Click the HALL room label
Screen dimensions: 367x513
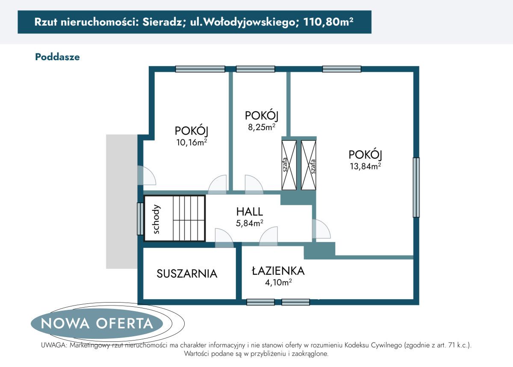(x=250, y=211)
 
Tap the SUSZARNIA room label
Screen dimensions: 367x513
(x=187, y=274)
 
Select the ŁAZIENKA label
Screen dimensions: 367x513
(x=278, y=271)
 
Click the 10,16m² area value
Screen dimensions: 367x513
(x=192, y=143)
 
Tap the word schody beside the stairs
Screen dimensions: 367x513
(x=156, y=219)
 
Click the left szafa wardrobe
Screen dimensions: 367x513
(x=289, y=165)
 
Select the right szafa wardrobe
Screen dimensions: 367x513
(x=309, y=165)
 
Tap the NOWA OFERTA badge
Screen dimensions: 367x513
(x=97, y=323)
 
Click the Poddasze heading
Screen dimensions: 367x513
(x=57, y=57)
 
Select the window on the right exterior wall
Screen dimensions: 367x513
(x=416, y=187)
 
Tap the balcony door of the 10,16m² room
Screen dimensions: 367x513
(x=146, y=175)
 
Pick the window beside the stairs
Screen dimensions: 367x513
(x=139, y=218)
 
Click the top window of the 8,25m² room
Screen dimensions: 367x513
(x=256, y=69)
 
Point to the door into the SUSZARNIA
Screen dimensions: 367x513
(x=224, y=239)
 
